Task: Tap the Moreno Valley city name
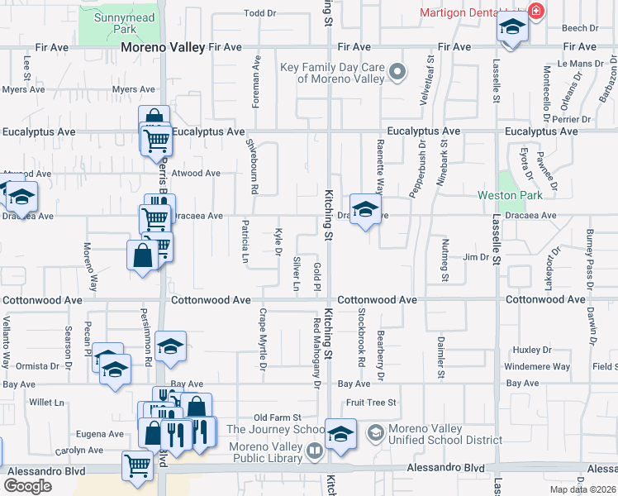click(x=162, y=48)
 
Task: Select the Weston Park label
click(x=511, y=196)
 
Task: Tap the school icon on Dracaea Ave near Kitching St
click(x=364, y=210)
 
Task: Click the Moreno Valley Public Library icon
click(x=314, y=451)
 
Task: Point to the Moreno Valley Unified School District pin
click(x=374, y=432)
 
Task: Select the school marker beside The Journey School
click(x=340, y=434)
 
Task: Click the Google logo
click(x=27, y=486)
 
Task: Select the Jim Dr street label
click(x=476, y=257)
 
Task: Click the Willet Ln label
click(x=47, y=403)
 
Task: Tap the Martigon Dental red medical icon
click(x=535, y=12)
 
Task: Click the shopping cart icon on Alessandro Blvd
click(x=136, y=465)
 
